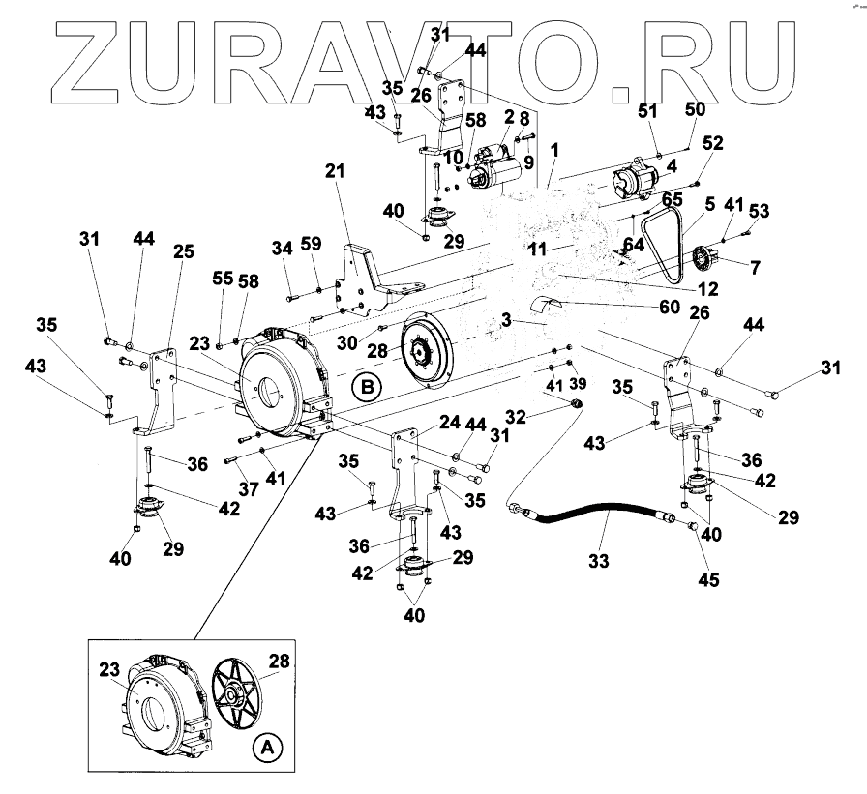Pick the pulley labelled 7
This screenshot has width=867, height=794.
click(x=709, y=261)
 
